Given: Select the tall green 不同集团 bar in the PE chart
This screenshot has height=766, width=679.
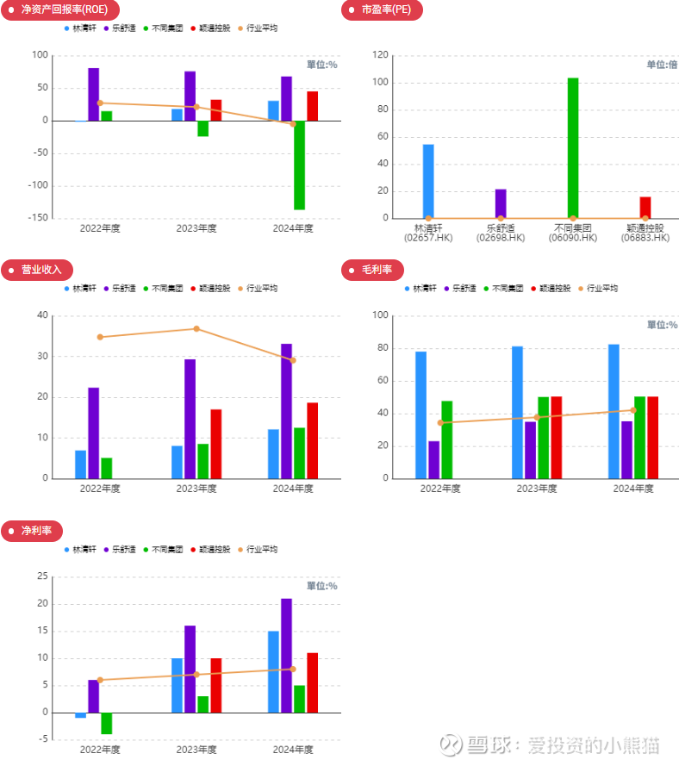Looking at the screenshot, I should pyautogui.click(x=573, y=148).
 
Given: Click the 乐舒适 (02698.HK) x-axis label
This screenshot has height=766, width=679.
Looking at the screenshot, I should pyautogui.click(x=501, y=233).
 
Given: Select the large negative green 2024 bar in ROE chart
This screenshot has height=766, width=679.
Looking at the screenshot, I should pyautogui.click(x=299, y=165).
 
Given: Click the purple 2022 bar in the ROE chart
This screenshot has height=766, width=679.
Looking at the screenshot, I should pyautogui.click(x=93, y=94).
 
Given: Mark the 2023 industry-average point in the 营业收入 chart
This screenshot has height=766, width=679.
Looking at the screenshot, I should pyautogui.click(x=196, y=328).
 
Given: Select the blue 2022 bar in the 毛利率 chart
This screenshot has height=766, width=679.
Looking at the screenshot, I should pyautogui.click(x=420, y=414).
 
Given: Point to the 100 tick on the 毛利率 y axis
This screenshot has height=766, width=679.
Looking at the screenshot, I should pyautogui.click(x=378, y=315).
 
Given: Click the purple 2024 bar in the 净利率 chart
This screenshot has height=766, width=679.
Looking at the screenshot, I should pyautogui.click(x=286, y=655).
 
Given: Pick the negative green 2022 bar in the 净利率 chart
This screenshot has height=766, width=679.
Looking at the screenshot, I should pyautogui.click(x=107, y=723).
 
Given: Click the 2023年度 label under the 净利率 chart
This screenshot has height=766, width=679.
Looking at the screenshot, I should pyautogui.click(x=196, y=750).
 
